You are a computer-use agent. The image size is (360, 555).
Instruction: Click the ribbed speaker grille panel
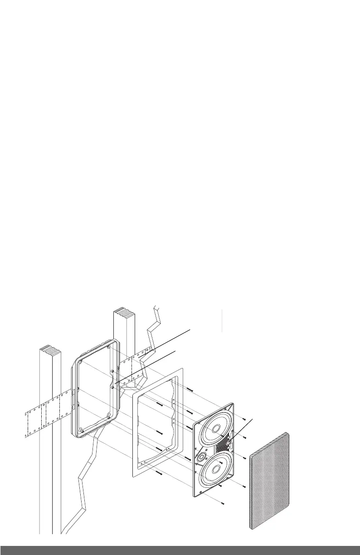pyautogui.click(x=270, y=481)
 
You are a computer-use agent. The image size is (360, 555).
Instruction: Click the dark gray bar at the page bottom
pyautogui.click(x=180, y=550)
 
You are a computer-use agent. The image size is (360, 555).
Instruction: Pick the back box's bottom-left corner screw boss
pyautogui.click(x=80, y=429)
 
